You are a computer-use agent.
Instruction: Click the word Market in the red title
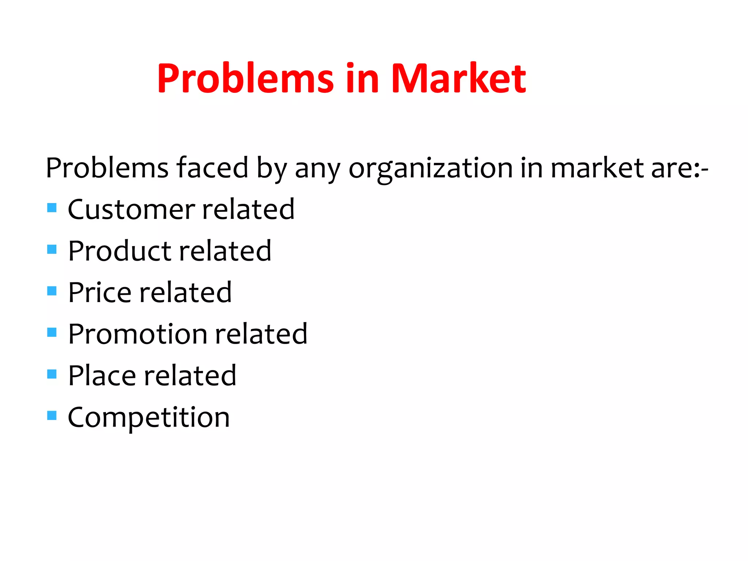pyautogui.click(x=458, y=78)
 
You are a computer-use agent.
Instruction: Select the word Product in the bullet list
pyautogui.click(x=120, y=251)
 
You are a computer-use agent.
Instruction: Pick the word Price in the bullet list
pyautogui.click(x=100, y=293)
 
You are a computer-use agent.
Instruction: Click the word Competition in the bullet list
pyautogui.click(x=149, y=417)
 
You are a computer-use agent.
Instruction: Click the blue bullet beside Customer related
pyautogui.click(x=52, y=208)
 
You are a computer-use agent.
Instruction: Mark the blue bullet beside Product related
pyautogui.click(x=52, y=249)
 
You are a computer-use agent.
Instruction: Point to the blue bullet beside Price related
pyautogui.click(x=52, y=291)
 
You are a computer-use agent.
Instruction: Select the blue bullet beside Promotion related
pyautogui.click(x=52, y=332)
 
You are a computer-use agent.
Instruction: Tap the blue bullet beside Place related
pyautogui.click(x=52, y=374)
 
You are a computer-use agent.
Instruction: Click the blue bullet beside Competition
pyautogui.click(x=52, y=415)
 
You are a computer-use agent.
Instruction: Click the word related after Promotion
pyautogui.click(x=261, y=334)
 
